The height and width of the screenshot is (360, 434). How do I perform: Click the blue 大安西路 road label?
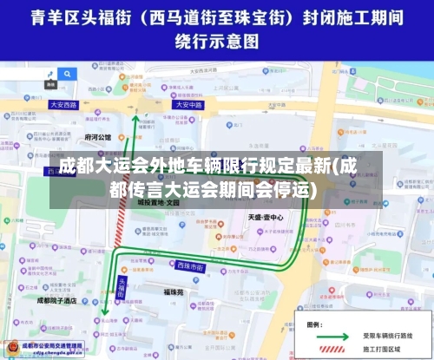click(x=62, y=104)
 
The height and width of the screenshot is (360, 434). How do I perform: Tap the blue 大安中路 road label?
click(x=187, y=104)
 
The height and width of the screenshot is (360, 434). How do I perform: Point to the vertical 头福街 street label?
click(x=122, y=288)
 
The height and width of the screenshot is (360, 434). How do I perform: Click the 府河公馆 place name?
click(x=97, y=137)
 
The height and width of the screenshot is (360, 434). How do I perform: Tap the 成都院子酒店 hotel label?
click(x=57, y=300)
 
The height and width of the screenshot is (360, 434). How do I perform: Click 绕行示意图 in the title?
click(x=216, y=40)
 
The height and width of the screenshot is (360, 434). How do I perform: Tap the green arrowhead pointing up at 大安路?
click(x=135, y=119)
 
